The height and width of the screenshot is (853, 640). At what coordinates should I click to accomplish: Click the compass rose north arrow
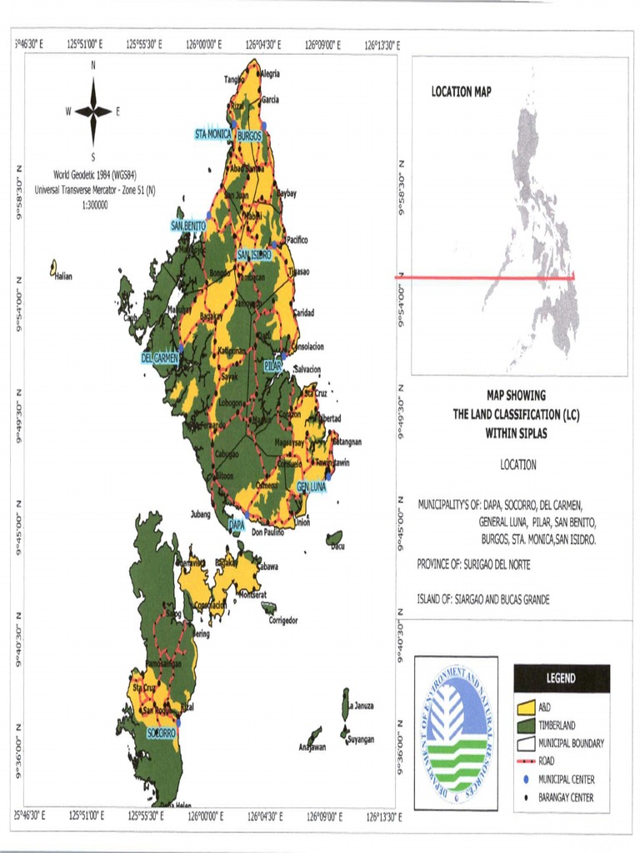(x=93, y=111)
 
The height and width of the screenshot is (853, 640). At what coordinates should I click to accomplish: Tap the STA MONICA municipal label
(x=213, y=134)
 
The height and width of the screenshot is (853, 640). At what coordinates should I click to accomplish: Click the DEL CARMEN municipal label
(x=160, y=358)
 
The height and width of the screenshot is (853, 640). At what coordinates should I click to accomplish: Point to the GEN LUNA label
(x=312, y=486)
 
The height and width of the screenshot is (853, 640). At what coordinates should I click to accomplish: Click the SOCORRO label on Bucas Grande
(x=161, y=733)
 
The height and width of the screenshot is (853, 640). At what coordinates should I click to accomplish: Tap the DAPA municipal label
(x=237, y=526)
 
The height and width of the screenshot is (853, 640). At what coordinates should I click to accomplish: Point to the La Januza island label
(x=362, y=706)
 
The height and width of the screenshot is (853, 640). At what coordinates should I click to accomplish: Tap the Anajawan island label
(x=312, y=747)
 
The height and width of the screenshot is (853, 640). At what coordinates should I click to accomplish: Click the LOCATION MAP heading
(x=461, y=92)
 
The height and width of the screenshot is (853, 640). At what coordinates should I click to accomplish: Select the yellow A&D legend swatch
(x=525, y=707)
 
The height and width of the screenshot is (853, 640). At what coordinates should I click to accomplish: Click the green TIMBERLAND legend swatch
(x=525, y=725)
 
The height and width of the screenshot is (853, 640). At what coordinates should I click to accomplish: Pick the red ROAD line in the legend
(x=525, y=761)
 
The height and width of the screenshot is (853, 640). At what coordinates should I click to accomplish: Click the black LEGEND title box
(x=561, y=678)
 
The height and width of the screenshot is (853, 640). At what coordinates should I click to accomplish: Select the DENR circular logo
(x=456, y=734)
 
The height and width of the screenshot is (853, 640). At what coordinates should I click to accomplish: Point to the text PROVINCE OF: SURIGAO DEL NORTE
(x=473, y=565)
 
